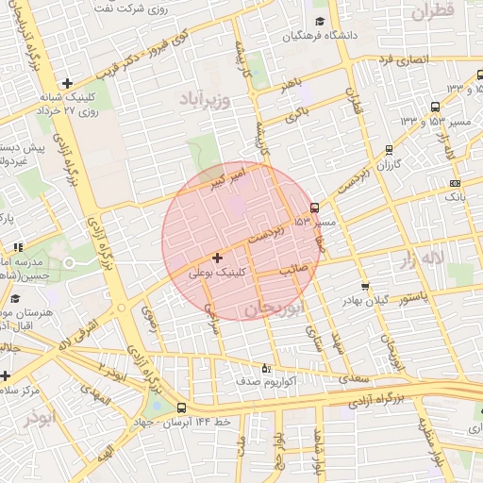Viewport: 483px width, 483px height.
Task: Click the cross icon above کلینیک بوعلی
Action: pyautogui.click(x=218, y=258)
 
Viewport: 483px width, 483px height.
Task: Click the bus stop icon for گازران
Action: pyautogui.click(x=389, y=150)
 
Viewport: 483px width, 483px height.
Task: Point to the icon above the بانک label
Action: pyautogui.click(x=456, y=183)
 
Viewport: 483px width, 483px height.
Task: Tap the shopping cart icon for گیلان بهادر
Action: pyautogui.click(x=365, y=287)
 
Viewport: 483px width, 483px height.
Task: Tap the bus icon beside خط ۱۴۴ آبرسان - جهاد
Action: pyautogui.click(x=180, y=408)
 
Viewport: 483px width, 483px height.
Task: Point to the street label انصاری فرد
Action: pyautogui.click(x=403, y=59)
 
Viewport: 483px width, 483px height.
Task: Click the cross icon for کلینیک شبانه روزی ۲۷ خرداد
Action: pyautogui.click(x=66, y=83)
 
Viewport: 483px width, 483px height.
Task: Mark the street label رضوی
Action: pyautogui.click(x=149, y=321)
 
